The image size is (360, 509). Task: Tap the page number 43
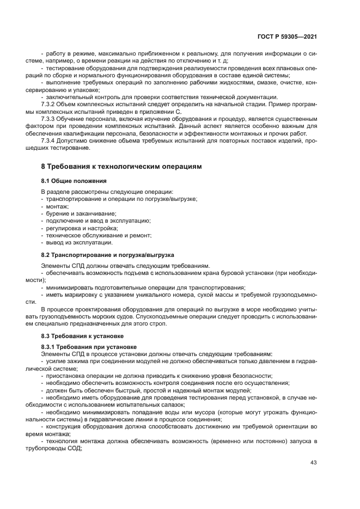point(313,463)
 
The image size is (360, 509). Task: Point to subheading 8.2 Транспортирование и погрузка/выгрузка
point(107,254)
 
